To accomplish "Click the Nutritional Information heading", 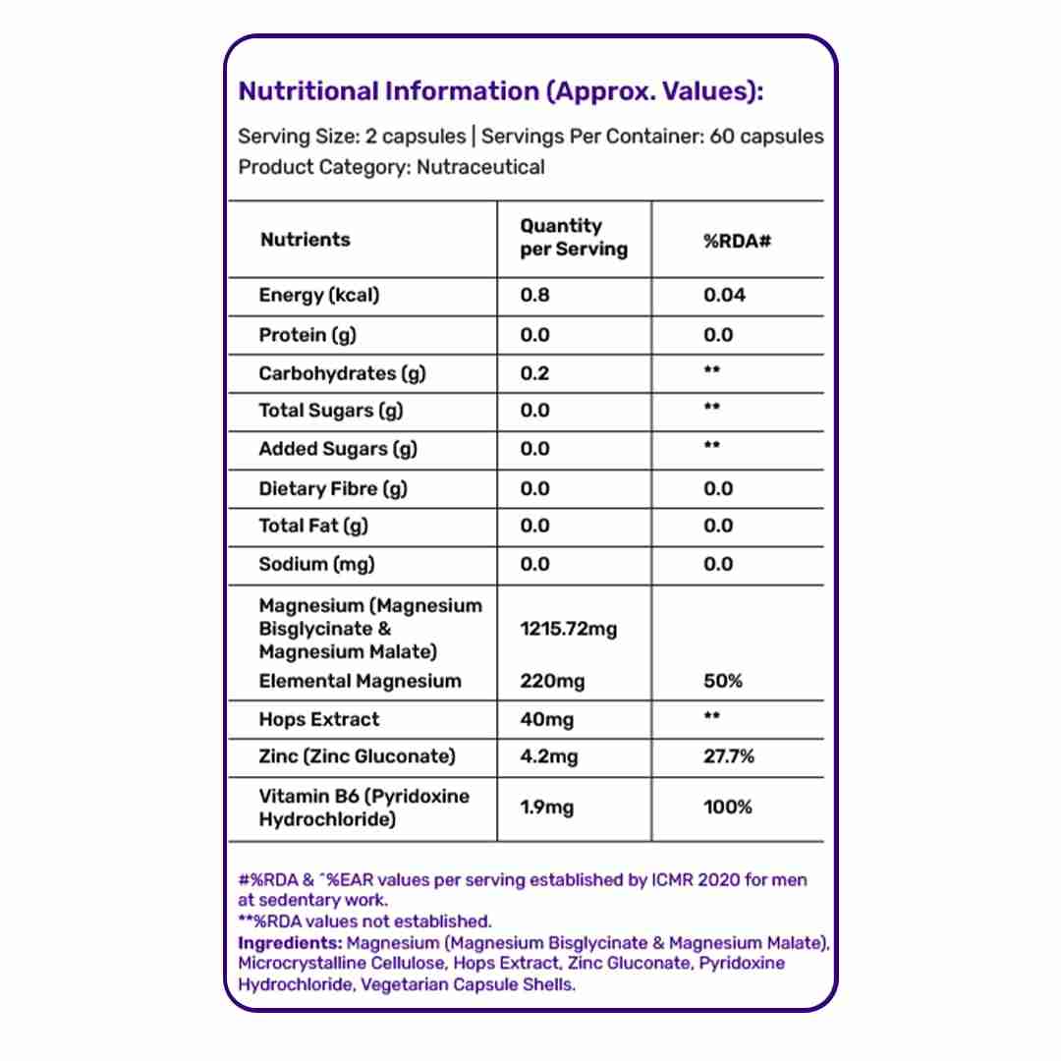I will point(501,92).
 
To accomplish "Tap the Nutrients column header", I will point(305,240).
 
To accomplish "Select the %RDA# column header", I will point(736,240).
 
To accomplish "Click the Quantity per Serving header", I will point(573,238).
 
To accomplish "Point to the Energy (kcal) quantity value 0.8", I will point(534,296).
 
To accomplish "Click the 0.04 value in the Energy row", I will point(724,296).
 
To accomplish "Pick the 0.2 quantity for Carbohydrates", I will point(534,373).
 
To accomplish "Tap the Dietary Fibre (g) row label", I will point(332,488).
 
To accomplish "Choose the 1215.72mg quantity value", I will point(568,629).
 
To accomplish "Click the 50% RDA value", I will point(723,681).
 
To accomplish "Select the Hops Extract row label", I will point(318,719).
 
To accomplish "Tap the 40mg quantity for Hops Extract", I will point(546,719).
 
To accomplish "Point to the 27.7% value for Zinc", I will point(729,756).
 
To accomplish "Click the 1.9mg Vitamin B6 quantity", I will point(546,808).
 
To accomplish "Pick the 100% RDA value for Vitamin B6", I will point(728,808).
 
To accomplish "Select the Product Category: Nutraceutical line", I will point(391,167).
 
